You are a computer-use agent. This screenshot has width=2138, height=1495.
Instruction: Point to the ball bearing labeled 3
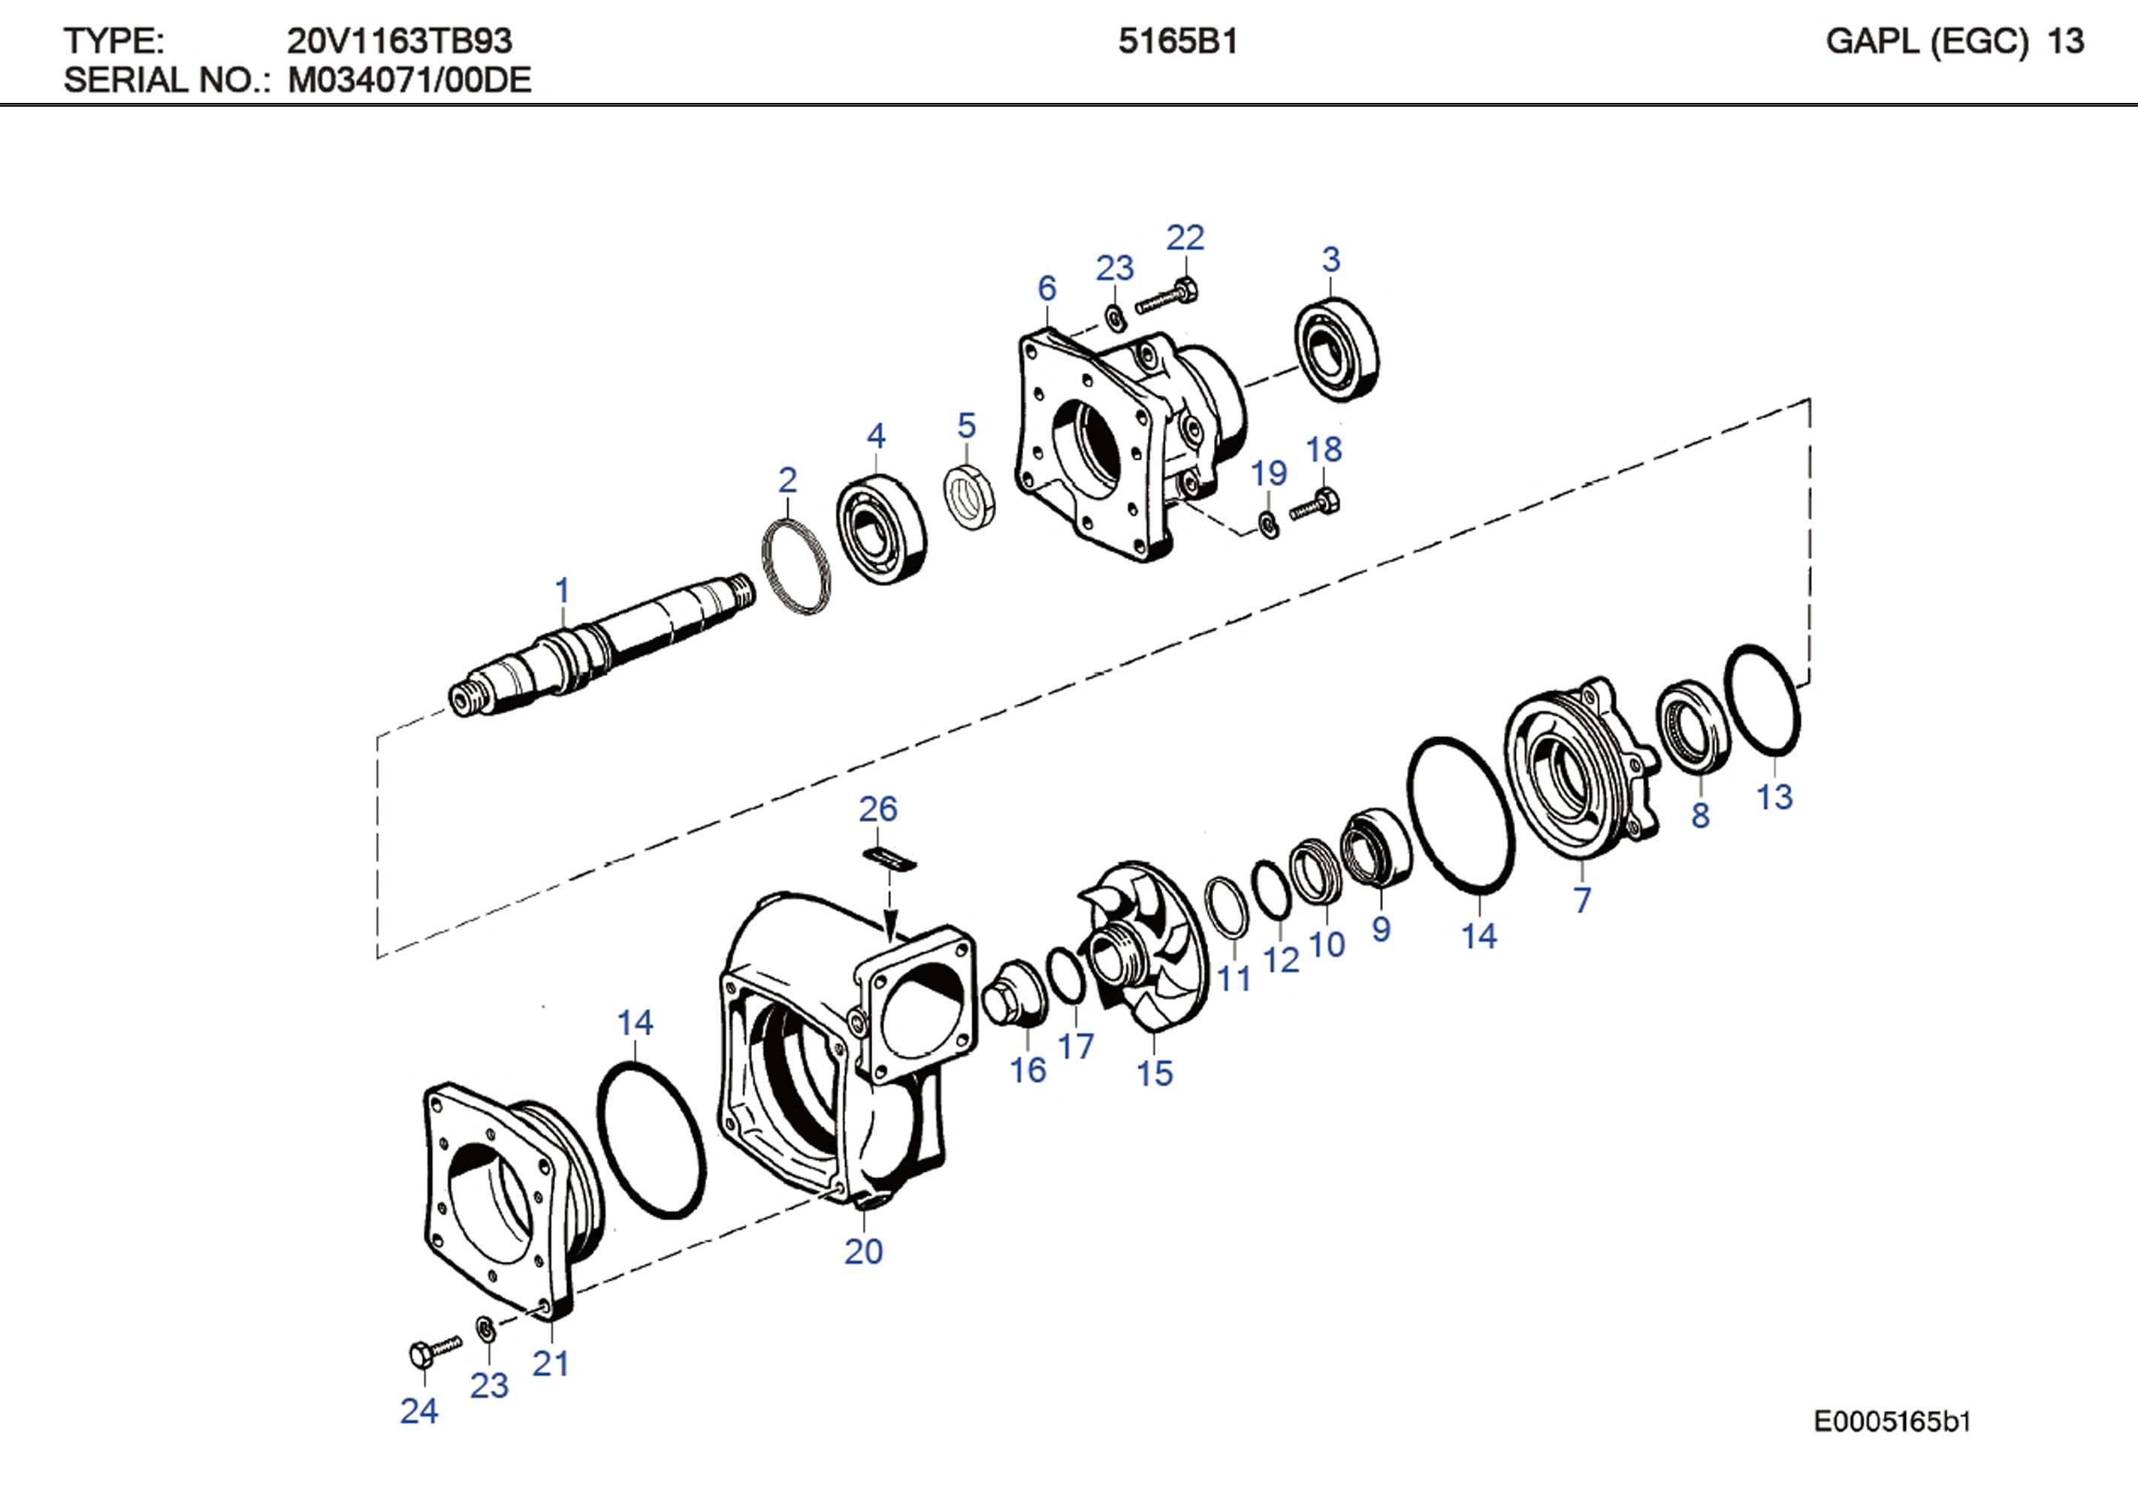point(1337,349)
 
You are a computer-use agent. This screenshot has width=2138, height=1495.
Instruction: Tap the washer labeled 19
point(1267,524)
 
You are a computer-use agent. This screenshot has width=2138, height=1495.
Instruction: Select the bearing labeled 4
point(881,529)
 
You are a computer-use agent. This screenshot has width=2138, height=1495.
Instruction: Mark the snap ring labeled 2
point(796,567)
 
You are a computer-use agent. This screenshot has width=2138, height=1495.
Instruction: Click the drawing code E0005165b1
point(1892,1422)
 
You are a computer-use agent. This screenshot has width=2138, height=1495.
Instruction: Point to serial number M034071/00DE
point(409,81)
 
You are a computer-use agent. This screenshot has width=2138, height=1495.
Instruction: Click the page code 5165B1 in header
point(1177,42)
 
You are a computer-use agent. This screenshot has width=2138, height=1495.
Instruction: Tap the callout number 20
point(863,1251)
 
